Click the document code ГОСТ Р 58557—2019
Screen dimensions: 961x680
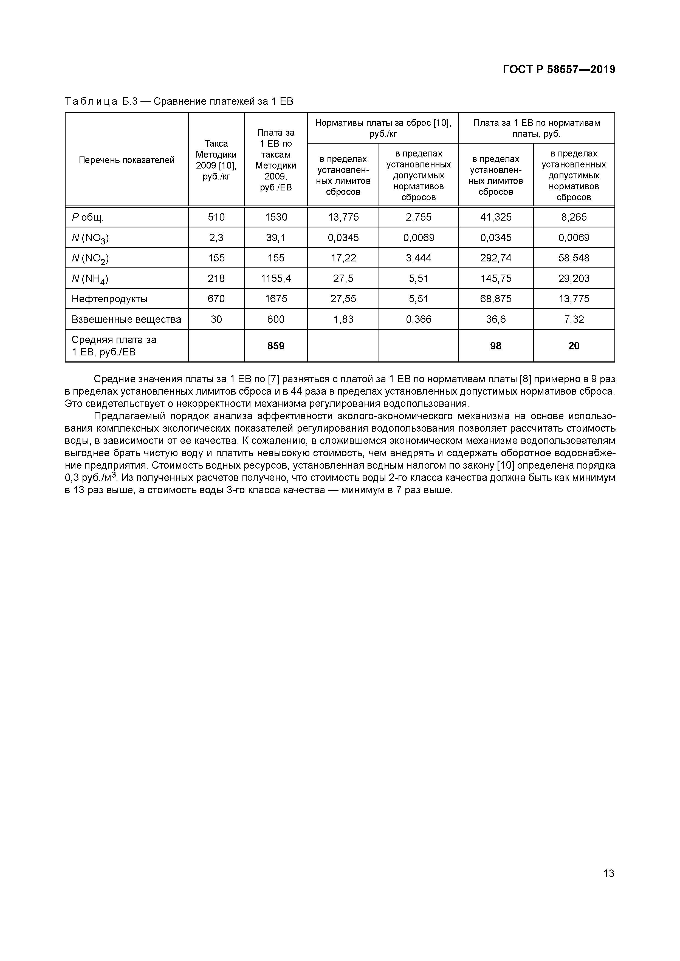559,70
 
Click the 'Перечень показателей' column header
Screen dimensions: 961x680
126,160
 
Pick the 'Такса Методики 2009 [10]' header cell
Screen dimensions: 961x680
216,160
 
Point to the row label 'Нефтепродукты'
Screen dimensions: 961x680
110,299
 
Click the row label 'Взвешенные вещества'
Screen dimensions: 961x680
126,319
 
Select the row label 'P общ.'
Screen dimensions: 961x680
88,217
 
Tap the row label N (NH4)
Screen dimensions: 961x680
90,279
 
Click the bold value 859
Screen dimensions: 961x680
276,346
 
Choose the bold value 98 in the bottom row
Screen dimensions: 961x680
496,346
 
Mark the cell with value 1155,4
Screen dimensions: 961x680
276,278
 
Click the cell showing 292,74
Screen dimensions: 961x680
496,258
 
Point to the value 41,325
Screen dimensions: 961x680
496,217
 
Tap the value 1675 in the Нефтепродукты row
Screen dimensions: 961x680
276,299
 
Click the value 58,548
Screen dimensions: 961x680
574,258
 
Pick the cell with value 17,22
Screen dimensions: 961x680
343,258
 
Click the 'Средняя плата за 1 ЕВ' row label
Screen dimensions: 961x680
114,346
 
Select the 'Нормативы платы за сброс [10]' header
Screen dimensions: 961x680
383,128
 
